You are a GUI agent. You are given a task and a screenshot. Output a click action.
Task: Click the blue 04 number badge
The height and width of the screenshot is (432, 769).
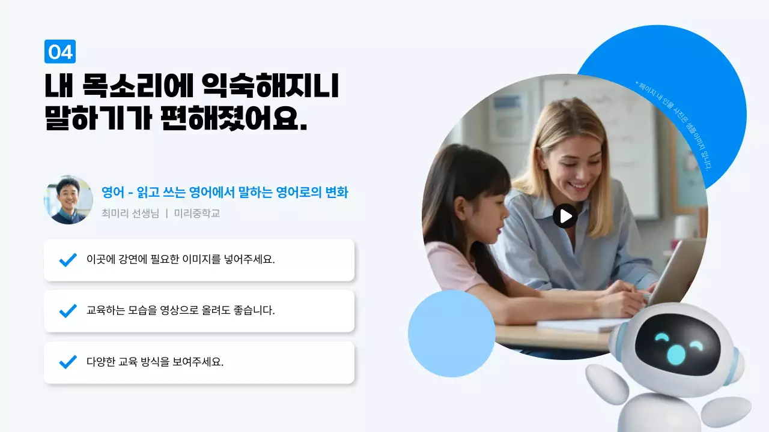(x=60, y=52)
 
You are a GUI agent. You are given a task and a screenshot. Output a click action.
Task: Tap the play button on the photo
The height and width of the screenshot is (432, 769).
(x=565, y=216)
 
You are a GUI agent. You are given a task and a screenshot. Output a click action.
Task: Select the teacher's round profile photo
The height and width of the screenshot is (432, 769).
(x=68, y=200)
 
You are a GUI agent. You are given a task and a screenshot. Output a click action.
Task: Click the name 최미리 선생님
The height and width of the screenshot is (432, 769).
(x=130, y=213)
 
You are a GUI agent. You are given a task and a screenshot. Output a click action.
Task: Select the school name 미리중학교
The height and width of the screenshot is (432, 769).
(x=197, y=213)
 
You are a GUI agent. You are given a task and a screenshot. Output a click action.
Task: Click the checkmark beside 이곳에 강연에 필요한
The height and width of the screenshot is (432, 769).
(x=68, y=260)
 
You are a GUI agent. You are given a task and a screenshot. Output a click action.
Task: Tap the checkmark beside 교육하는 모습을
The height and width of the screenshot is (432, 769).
(x=68, y=311)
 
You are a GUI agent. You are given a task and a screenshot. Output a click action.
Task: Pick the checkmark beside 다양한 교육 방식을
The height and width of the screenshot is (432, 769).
(x=68, y=362)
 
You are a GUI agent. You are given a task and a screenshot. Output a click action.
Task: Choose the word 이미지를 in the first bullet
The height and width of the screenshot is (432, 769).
(x=202, y=260)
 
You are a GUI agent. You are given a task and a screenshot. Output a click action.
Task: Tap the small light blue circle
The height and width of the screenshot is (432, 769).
(x=451, y=334)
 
